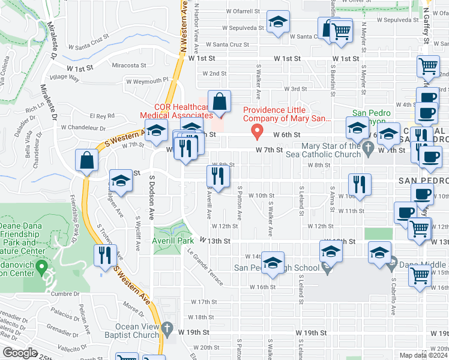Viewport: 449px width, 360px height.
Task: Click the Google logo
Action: (x=20, y=353)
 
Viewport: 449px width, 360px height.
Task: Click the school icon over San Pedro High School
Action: (x=272, y=263)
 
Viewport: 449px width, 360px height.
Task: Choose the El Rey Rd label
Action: (x=101, y=115)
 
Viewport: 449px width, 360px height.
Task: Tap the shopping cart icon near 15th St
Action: (x=420, y=275)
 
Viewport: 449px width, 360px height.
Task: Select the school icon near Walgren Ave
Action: (x=121, y=182)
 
